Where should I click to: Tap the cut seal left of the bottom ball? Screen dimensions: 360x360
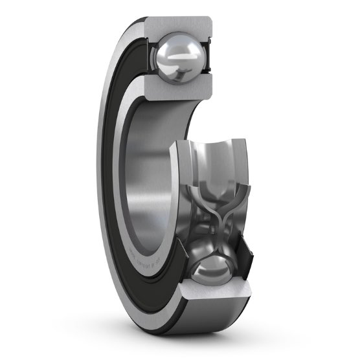click(x=183, y=265)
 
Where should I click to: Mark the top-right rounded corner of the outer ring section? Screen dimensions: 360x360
click(x=210, y=23)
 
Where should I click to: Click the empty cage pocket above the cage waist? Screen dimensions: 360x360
click(x=214, y=194)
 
